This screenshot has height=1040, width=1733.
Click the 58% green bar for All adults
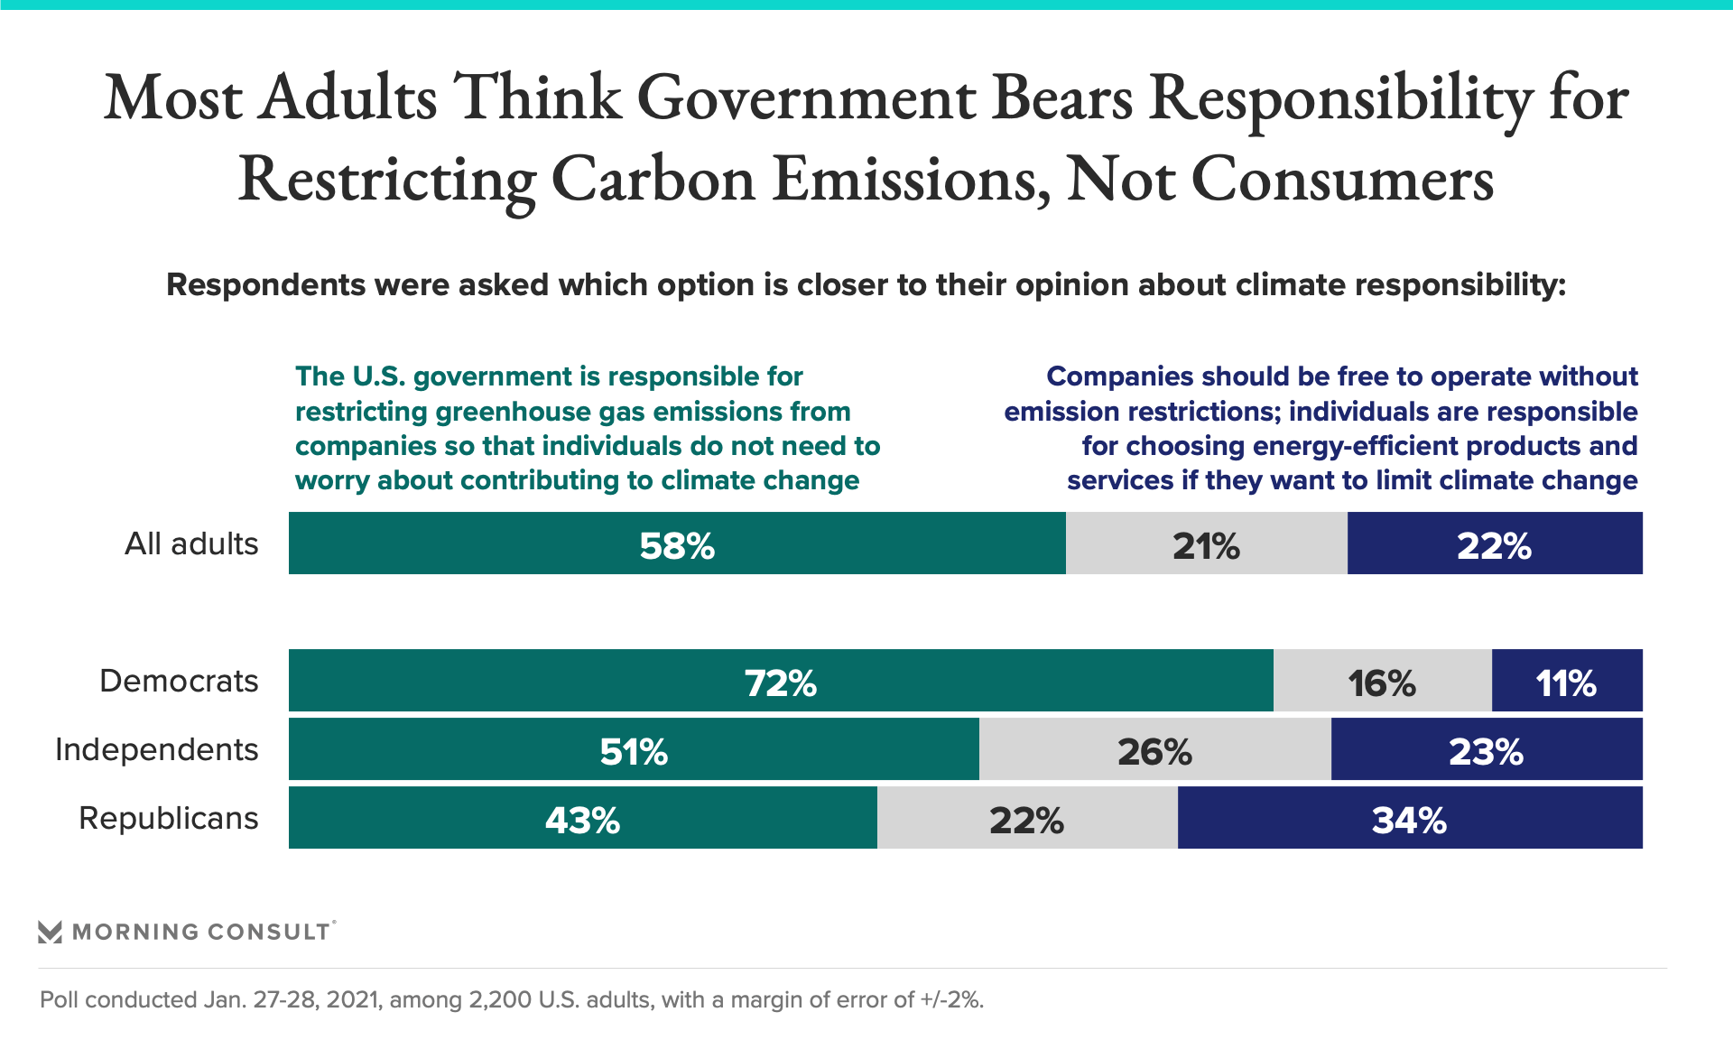coord(677,543)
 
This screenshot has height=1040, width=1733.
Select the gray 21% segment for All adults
coord(1206,543)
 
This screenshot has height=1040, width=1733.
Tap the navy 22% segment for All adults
coord(1495,543)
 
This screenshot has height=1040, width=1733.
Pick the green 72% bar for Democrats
coord(781,681)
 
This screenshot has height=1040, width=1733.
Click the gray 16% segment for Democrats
coord(1382,681)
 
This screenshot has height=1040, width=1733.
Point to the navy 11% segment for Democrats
coord(1567,681)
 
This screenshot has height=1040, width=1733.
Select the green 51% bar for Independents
coord(634,749)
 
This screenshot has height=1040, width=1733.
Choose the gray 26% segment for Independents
coord(1154,749)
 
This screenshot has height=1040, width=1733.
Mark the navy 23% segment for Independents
coord(1487,749)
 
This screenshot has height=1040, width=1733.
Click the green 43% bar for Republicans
coord(582,818)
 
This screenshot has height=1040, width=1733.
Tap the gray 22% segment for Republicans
coord(1027,818)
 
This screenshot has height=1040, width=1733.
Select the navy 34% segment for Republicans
coord(1410,818)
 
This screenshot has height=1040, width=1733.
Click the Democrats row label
coord(179,681)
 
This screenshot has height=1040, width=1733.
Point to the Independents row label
coord(157,749)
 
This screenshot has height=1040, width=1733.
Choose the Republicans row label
coord(169,818)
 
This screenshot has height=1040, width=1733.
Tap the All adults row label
coord(191,543)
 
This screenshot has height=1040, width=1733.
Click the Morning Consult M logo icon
coord(50,932)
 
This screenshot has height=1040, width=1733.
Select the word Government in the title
coord(806,97)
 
